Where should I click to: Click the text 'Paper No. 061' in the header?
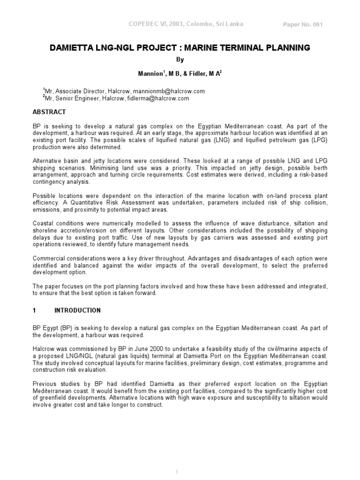[x=303, y=25]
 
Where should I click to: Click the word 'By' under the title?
[x=180, y=60]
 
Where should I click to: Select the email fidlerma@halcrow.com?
[x=158, y=98]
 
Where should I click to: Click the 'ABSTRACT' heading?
[x=49, y=112]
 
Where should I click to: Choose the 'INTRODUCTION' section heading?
[x=77, y=310]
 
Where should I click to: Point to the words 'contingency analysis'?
[x=60, y=181]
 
